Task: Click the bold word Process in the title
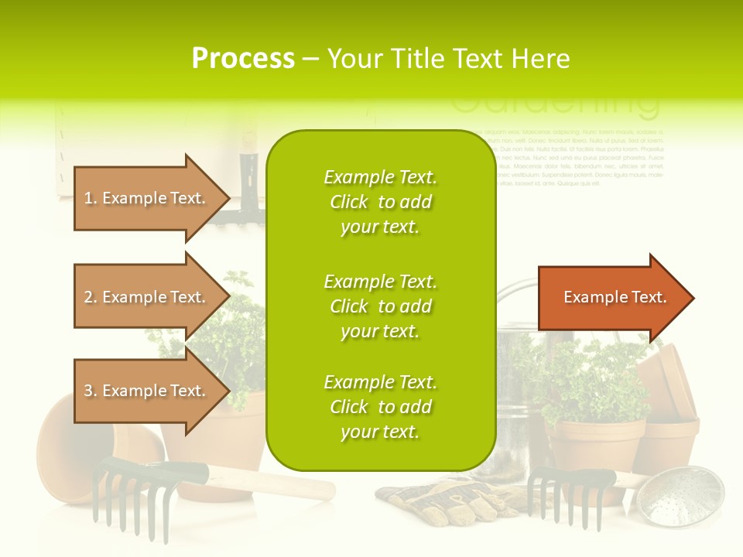pyautogui.click(x=243, y=59)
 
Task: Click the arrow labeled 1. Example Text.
pyautogui.click(x=147, y=198)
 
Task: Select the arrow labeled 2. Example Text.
pyautogui.click(x=147, y=297)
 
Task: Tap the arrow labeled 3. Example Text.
pyautogui.click(x=147, y=391)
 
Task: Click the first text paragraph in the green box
pyautogui.click(x=380, y=202)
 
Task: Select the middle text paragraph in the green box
pyautogui.click(x=380, y=306)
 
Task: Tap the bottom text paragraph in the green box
pyautogui.click(x=380, y=407)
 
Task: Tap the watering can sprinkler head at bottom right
pyautogui.click(x=689, y=495)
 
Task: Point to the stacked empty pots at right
pyautogui.click(x=669, y=402)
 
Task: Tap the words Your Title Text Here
pyautogui.click(x=448, y=59)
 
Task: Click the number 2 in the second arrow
pyautogui.click(x=89, y=297)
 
